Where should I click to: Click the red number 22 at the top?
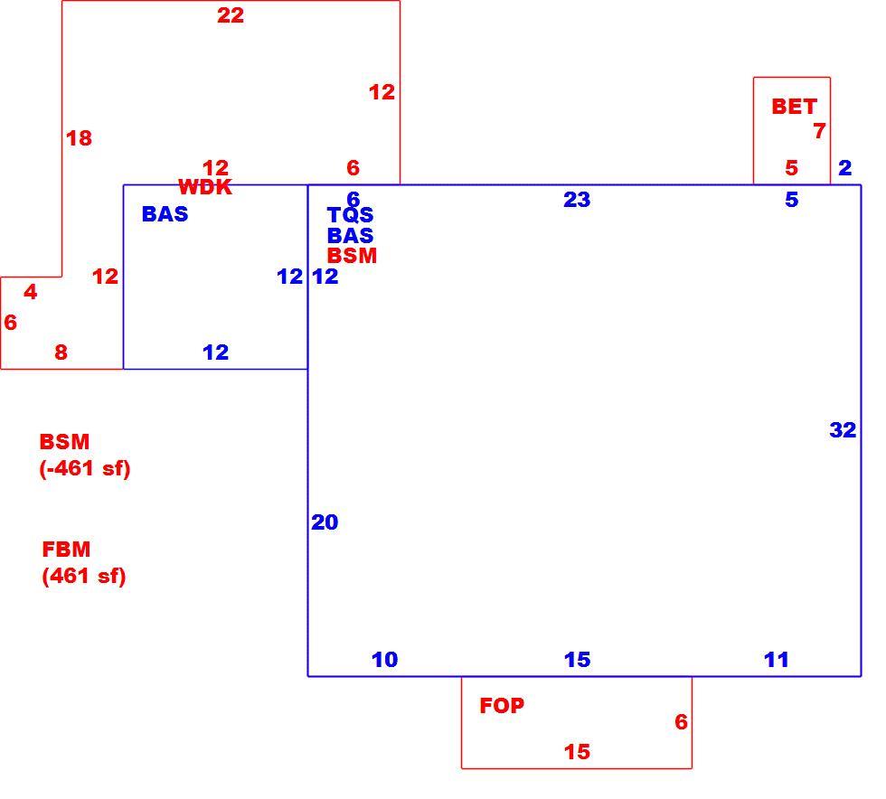[231, 15]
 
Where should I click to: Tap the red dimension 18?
[80, 138]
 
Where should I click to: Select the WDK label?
[205, 187]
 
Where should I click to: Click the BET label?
[795, 107]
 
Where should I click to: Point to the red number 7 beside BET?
[819, 131]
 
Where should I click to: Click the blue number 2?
[844, 168]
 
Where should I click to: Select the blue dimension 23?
[577, 200]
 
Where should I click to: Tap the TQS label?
[351, 215]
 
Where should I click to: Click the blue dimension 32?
[843, 430]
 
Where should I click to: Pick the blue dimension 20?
[325, 522]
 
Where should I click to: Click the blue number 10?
[385, 660]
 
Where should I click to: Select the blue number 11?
[777, 660]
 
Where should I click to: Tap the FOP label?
[502, 705]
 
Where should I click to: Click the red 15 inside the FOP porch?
[577, 751]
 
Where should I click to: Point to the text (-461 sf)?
[85, 468]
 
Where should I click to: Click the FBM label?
[66, 550]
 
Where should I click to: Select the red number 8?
[61, 352]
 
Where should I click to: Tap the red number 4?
[31, 292]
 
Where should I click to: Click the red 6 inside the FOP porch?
[682, 721]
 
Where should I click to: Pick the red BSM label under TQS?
[352, 256]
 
